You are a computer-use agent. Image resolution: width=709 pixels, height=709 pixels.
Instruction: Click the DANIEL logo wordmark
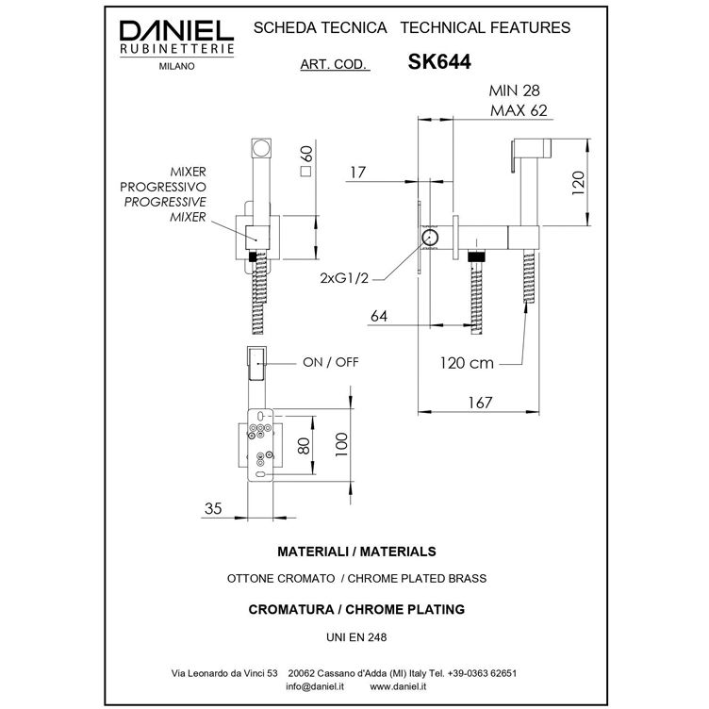pyautogui.click(x=176, y=32)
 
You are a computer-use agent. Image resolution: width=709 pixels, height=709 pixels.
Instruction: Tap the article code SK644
pyautogui.click(x=439, y=62)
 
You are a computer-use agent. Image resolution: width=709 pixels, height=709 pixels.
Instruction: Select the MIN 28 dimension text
pyautogui.click(x=514, y=91)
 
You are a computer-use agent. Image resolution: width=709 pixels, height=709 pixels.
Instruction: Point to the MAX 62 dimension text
pyautogui.click(x=519, y=110)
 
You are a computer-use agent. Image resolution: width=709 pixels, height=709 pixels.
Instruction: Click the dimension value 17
pyautogui.click(x=357, y=173)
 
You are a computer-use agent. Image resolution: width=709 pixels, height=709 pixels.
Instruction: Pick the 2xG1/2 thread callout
pyautogui.click(x=344, y=278)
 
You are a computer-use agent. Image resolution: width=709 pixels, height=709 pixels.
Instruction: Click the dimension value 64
pyautogui.click(x=379, y=316)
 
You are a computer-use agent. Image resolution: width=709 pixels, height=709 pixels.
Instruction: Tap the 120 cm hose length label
pyautogui.click(x=467, y=363)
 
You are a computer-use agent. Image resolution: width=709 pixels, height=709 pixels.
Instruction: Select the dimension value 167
pyautogui.click(x=480, y=403)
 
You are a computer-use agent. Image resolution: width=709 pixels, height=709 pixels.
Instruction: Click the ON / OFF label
pyautogui.click(x=331, y=362)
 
